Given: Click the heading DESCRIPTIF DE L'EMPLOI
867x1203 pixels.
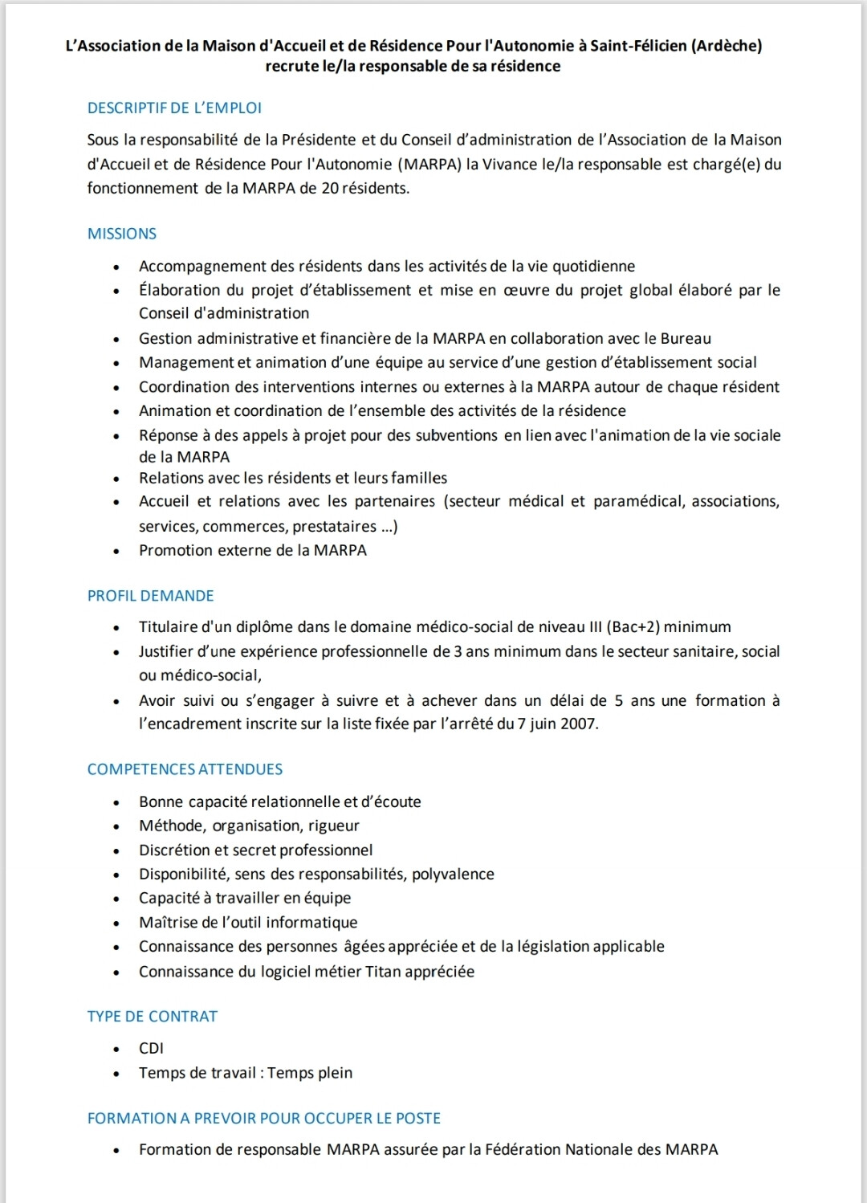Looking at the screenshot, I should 174,108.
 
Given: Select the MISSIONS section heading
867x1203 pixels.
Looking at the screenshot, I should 122,234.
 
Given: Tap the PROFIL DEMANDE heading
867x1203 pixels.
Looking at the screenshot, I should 151,596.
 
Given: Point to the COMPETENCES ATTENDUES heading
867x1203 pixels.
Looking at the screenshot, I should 185,769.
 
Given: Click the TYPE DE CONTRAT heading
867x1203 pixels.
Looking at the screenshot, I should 153,1017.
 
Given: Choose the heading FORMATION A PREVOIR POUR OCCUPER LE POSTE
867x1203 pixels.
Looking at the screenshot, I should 264,1118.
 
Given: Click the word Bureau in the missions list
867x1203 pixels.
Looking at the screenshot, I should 686,338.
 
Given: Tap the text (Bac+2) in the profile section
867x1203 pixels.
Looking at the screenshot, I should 633,627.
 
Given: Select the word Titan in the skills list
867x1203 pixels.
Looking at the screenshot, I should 383,972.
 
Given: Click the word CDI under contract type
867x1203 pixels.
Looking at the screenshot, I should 151,1049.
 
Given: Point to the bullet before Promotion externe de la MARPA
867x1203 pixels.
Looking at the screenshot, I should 117,552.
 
